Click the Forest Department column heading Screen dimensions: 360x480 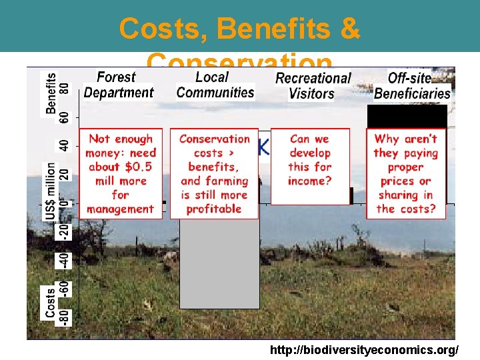[119, 85]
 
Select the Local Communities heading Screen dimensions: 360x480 [215, 85]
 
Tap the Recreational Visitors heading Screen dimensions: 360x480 [312, 86]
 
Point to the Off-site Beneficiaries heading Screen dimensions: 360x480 [411, 86]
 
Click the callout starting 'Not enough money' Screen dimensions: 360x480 [120, 173]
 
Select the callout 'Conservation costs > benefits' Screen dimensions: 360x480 [214, 173]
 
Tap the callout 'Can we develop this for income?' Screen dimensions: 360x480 [310, 160]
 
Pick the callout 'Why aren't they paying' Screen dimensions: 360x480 [405, 173]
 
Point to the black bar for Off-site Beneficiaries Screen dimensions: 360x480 [407, 117]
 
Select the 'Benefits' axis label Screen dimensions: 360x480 [51, 93]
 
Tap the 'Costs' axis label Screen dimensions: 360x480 [51, 302]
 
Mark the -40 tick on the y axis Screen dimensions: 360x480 [65, 259]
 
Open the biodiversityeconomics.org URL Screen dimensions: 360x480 [364, 350]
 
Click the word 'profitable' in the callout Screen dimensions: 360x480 [214, 209]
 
